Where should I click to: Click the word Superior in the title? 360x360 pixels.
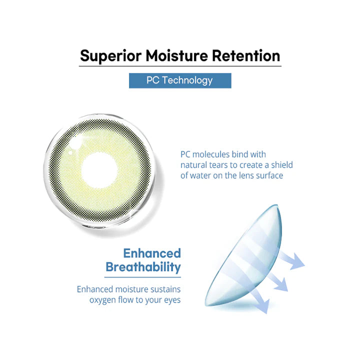click(110, 56)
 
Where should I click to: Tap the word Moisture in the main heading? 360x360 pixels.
click(176, 55)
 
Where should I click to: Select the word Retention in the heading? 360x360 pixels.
click(246, 55)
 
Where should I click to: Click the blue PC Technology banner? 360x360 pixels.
click(180, 80)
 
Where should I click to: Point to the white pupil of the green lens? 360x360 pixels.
click(99, 170)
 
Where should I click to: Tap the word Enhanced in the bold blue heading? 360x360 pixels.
click(152, 253)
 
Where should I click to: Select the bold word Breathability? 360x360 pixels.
click(143, 267)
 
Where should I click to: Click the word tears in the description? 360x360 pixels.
click(219, 165)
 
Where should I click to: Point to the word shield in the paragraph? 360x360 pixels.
click(282, 165)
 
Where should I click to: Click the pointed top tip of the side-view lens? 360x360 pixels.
click(277, 205)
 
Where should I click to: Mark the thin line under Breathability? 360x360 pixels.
click(142, 277)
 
